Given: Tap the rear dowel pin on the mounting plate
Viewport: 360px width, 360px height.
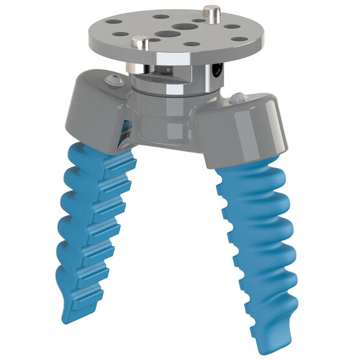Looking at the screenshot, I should click(211, 11).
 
